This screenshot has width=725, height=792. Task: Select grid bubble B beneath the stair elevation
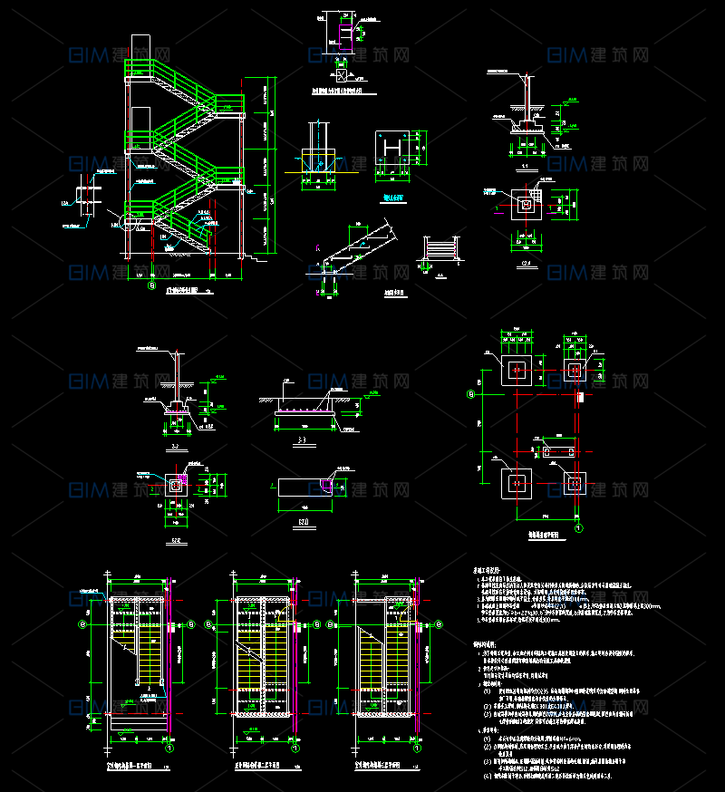(x=152, y=284)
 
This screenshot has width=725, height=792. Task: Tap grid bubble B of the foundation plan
(x=470, y=394)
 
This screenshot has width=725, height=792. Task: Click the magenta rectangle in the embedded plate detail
(x=344, y=34)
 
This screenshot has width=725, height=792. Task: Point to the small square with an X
(x=342, y=73)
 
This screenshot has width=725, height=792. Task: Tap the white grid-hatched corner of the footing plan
(x=537, y=194)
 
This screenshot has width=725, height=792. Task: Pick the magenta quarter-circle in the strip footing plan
(x=327, y=487)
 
